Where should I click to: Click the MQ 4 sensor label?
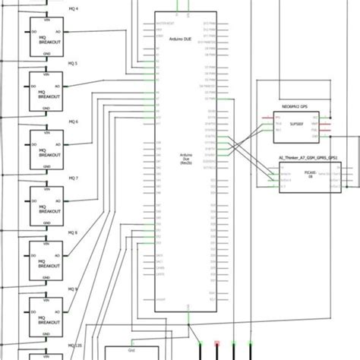point(73,8)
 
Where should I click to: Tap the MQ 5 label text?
point(73,64)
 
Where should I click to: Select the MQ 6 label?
point(73,121)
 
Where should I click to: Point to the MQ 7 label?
point(73,178)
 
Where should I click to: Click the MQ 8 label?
point(73,234)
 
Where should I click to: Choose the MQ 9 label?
point(73,290)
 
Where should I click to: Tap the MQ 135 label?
point(74,346)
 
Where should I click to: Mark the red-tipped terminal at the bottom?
point(218,346)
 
